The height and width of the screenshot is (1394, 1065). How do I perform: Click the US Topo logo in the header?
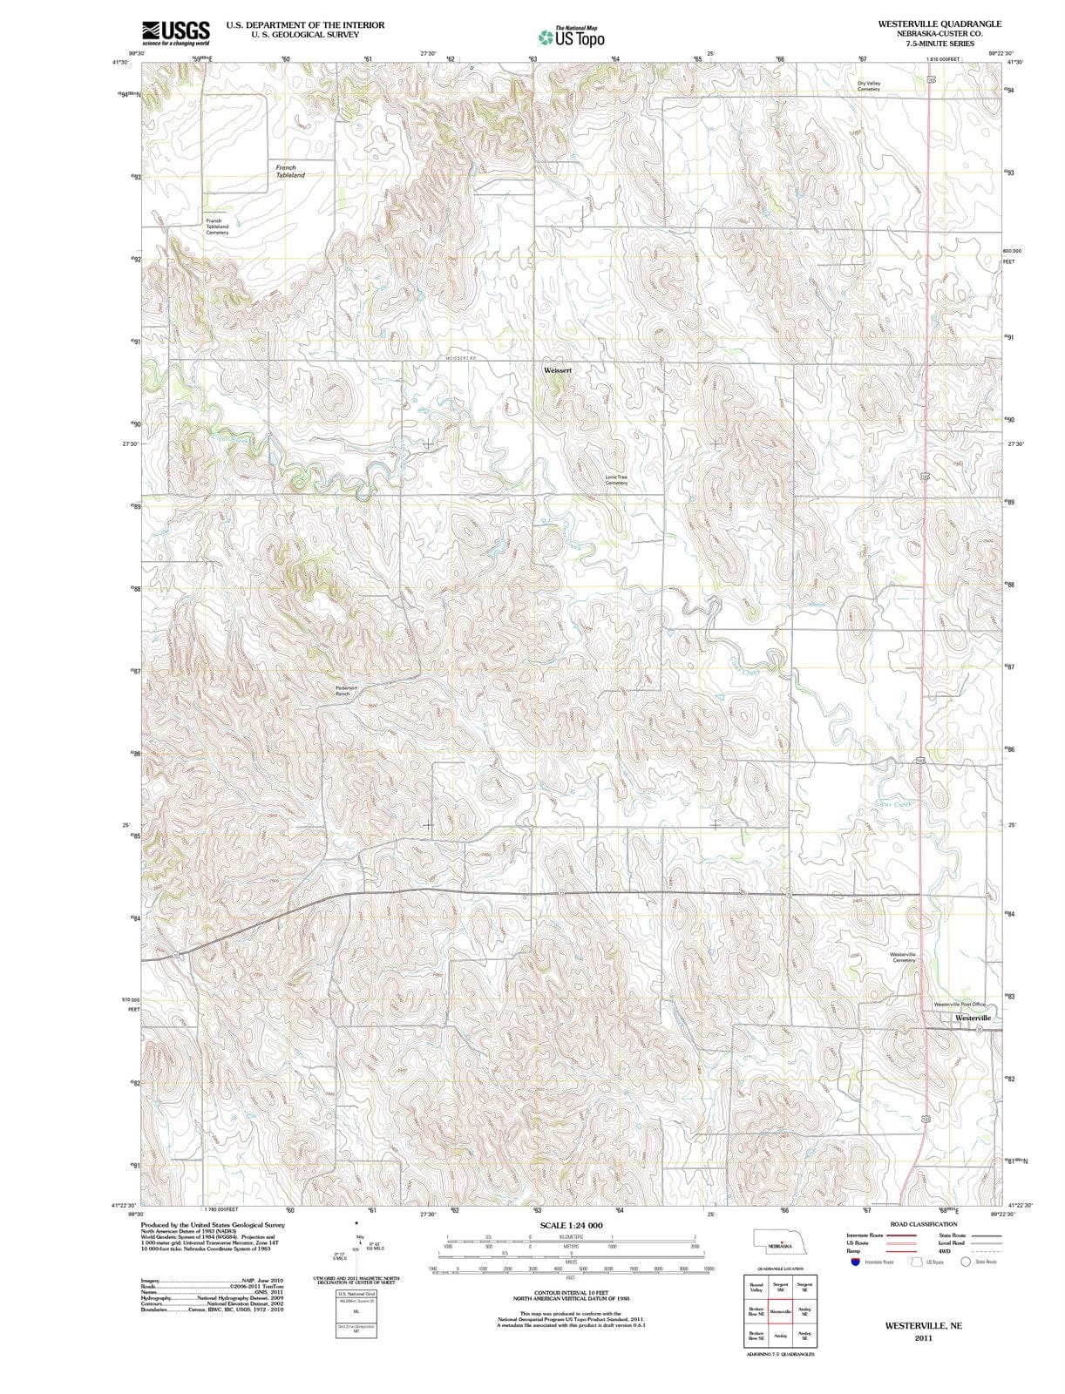pyautogui.click(x=571, y=37)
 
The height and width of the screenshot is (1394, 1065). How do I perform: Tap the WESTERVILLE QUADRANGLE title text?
pyautogui.click(x=940, y=24)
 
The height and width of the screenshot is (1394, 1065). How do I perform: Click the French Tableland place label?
pyautogui.click(x=289, y=171)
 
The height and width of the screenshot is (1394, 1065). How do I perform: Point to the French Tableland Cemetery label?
pyautogui.click(x=217, y=227)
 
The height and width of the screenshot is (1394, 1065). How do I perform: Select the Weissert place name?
pyautogui.click(x=557, y=370)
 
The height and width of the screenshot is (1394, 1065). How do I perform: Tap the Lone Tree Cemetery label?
pyautogui.click(x=616, y=480)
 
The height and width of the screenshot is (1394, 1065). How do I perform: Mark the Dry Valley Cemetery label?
pyautogui.click(x=868, y=86)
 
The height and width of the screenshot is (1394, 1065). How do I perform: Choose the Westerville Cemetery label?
pyautogui.click(x=903, y=957)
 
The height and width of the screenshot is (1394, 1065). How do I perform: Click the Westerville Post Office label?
pyautogui.click(x=960, y=1005)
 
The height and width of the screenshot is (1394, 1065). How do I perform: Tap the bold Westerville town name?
pyautogui.click(x=973, y=1018)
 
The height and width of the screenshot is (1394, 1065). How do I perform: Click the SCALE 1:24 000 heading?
pyautogui.click(x=571, y=1225)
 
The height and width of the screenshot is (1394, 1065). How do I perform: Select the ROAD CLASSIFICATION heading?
pyautogui.click(x=923, y=1224)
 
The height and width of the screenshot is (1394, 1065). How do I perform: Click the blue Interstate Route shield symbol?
pyautogui.click(x=857, y=1262)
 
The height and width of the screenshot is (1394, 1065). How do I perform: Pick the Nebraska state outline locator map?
pyautogui.click(x=780, y=1243)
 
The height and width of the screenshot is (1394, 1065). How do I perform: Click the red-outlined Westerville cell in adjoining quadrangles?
pyautogui.click(x=780, y=1311)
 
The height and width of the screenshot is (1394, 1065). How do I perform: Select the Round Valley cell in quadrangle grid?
pyautogui.click(x=756, y=1287)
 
